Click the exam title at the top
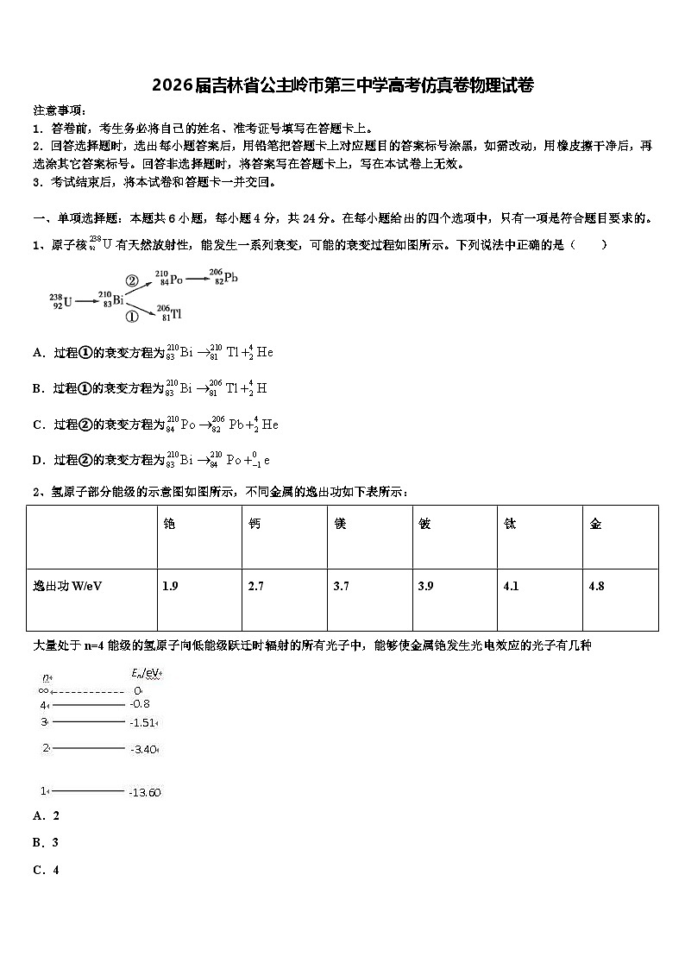[342, 85]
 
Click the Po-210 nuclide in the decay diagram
[169, 279]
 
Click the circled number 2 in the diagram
[132, 280]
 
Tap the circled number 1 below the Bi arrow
[132, 317]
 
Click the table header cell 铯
[169, 524]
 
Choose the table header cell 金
[595, 524]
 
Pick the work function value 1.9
[170, 586]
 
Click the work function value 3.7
[341, 586]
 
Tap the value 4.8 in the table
[596, 586]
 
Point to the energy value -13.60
[144, 792]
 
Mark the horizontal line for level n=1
[87, 790]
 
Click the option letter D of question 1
[38, 460]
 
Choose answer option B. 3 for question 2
[46, 842]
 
